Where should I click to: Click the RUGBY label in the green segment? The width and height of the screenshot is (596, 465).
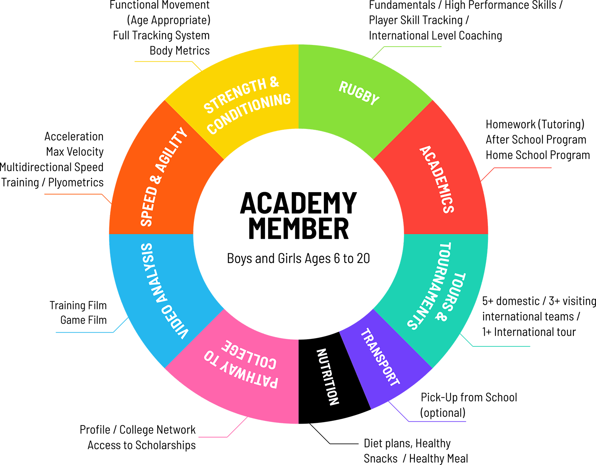[x=359, y=93]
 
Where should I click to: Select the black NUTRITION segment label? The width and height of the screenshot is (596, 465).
[x=327, y=377]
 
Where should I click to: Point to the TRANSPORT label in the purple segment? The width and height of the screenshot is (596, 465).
[x=380, y=357]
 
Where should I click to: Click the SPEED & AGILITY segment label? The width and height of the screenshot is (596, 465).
[x=163, y=177]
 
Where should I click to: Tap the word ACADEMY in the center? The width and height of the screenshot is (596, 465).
[x=298, y=203]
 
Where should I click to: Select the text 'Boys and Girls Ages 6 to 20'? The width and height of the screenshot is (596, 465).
[x=298, y=259]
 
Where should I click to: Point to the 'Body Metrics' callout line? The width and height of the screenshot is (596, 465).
[x=180, y=51]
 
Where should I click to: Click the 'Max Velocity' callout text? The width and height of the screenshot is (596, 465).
[x=75, y=152]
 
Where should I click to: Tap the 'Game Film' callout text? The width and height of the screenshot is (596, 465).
[x=83, y=320]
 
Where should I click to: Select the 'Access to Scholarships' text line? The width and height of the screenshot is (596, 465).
[x=141, y=445]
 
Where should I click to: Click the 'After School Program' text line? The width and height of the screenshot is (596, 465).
[x=536, y=140]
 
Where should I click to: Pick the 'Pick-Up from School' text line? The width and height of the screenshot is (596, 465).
[x=469, y=397]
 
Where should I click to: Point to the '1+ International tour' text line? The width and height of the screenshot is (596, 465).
[x=529, y=332]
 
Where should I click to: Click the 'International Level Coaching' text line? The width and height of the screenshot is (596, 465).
[x=435, y=36]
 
